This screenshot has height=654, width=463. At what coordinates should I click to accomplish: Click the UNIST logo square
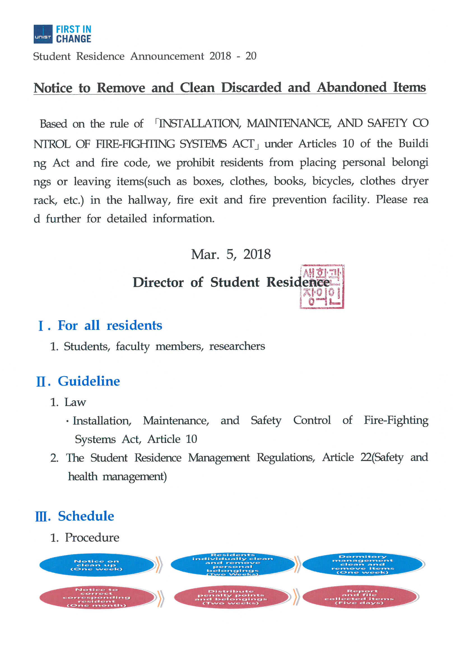tap(43, 34)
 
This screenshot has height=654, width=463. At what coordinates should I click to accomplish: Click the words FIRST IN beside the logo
tap(73, 29)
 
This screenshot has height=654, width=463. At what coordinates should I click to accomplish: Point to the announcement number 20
tap(251, 56)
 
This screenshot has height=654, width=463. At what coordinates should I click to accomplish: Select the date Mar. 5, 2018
tap(231, 254)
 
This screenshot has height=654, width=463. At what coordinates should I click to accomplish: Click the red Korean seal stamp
tap(322, 286)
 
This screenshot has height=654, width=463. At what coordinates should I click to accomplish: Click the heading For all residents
tap(110, 325)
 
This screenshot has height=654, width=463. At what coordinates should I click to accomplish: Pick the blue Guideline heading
tap(89, 381)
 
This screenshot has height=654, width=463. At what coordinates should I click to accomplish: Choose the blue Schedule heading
tap(86, 516)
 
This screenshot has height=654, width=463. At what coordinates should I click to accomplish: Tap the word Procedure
tap(92, 538)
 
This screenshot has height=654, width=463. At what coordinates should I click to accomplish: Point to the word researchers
tap(237, 346)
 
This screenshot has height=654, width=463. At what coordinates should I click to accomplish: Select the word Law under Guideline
tap(75, 402)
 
